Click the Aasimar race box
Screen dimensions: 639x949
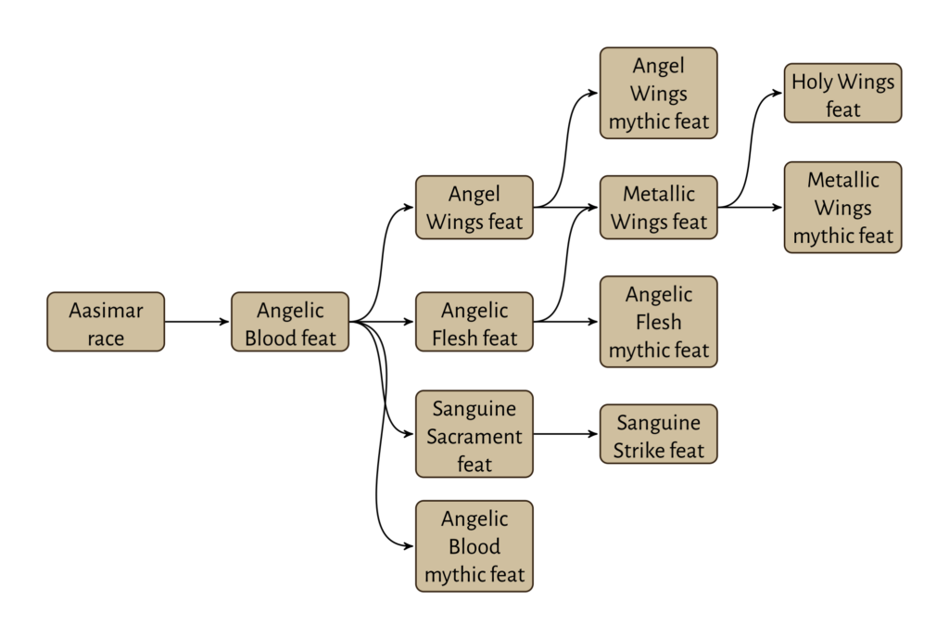[106, 322]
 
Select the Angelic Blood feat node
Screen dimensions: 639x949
[290, 322]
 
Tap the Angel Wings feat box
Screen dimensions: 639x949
[474, 208]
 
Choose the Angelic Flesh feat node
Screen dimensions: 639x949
[474, 322]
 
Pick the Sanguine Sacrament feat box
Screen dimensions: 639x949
[474, 434]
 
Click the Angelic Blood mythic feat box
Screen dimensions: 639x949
[474, 546]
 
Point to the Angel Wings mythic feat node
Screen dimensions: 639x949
[658, 93]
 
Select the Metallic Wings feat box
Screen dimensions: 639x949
[658, 208]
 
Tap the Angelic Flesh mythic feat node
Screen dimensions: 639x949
[658, 322]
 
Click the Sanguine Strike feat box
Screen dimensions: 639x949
[658, 434]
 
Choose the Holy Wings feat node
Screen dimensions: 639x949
[842, 93]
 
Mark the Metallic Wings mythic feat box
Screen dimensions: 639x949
[842, 208]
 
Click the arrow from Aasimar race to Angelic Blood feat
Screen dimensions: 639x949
[196, 322]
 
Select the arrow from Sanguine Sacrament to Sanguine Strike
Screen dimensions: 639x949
[565, 434]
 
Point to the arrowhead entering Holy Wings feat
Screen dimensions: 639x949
[778, 93]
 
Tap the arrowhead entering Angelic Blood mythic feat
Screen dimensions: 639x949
[410, 546]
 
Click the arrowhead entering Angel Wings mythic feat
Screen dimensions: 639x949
[594, 93]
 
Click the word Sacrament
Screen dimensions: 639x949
[474, 436]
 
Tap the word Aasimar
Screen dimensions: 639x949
[106, 310]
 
